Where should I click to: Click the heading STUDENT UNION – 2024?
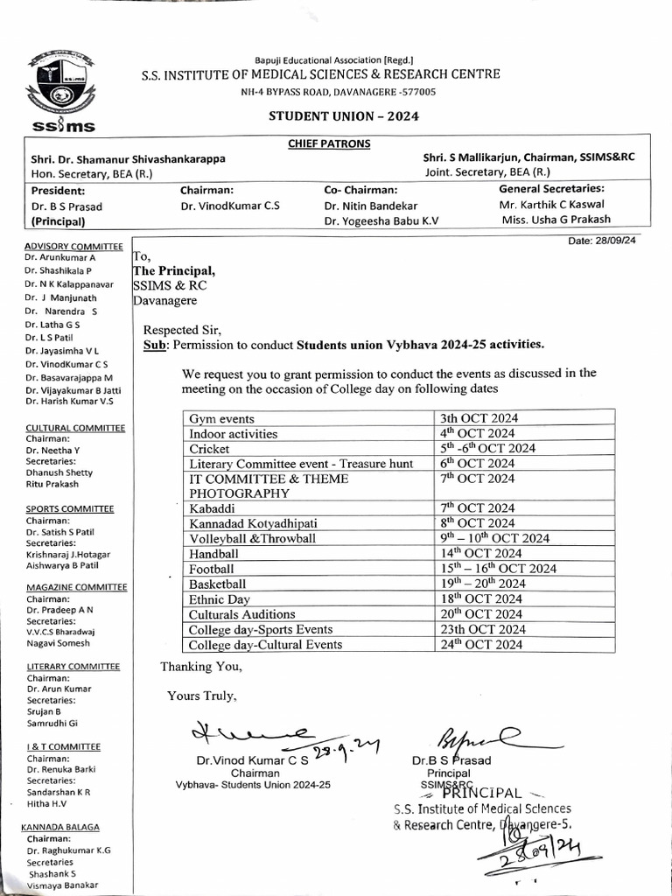[x=343, y=115]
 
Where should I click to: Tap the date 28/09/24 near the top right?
[x=602, y=241]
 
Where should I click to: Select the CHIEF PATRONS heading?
[x=329, y=143]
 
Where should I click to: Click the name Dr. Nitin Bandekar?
[x=371, y=206]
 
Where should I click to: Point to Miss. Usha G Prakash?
[x=556, y=220]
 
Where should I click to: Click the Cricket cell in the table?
[x=210, y=448]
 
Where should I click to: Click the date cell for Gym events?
[x=479, y=418]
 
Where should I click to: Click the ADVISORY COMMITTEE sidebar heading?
[x=73, y=247]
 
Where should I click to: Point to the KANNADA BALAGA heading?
[x=60, y=827]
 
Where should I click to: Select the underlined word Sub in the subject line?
[x=154, y=346]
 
